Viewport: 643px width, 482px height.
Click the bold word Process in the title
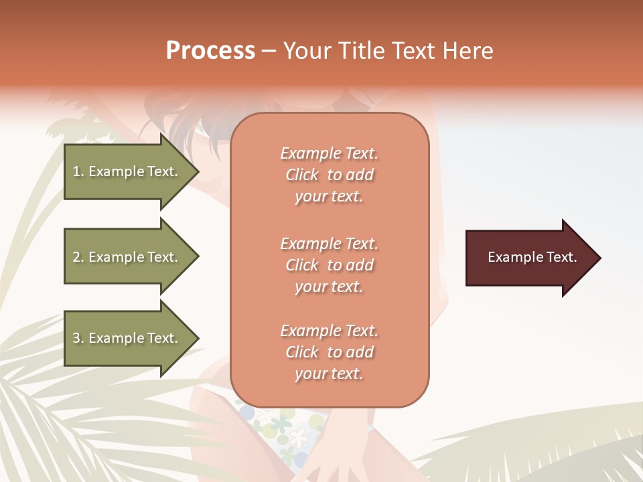(x=210, y=51)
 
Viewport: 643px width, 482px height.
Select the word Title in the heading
(x=362, y=51)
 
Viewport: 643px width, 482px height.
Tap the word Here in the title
(x=467, y=51)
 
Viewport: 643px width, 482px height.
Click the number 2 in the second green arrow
(x=76, y=257)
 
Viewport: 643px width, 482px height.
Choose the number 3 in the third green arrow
(x=76, y=338)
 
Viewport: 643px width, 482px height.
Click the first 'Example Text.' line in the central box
(x=329, y=153)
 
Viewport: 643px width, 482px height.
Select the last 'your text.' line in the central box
(x=329, y=374)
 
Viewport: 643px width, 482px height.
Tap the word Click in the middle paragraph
(x=301, y=265)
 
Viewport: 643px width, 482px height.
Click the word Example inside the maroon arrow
(x=510, y=257)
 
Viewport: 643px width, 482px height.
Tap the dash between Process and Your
(x=269, y=51)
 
